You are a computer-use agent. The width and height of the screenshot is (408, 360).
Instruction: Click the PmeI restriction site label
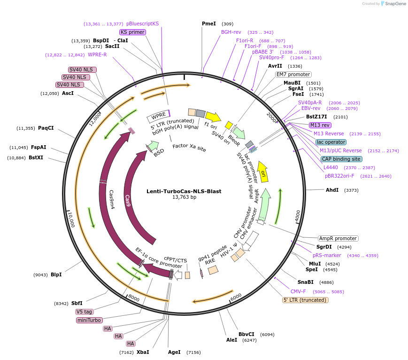[209, 23]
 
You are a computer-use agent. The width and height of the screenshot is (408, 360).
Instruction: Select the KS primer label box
[132, 32]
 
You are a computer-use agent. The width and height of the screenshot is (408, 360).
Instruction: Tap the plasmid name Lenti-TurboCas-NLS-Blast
[184, 191]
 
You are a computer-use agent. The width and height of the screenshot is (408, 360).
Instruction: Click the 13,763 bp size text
[184, 197]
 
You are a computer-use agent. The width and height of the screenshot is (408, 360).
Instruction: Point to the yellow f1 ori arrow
[213, 117]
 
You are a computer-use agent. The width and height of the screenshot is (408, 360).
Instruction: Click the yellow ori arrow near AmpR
[263, 172]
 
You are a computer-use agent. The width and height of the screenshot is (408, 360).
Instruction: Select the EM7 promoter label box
[293, 74]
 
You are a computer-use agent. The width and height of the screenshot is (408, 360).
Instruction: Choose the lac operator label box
[331, 142]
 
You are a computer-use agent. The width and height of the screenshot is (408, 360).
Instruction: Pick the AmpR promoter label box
[338, 238]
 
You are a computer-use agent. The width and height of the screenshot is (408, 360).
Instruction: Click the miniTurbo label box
[89, 320]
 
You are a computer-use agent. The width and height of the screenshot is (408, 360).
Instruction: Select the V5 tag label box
[85, 312]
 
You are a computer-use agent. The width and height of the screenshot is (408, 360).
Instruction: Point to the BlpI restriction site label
[56, 274]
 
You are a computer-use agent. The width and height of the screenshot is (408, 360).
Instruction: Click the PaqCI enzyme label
[46, 128]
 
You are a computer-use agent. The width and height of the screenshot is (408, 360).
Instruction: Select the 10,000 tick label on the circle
[71, 219]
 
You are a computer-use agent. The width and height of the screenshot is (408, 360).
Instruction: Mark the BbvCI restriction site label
[246, 334]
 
